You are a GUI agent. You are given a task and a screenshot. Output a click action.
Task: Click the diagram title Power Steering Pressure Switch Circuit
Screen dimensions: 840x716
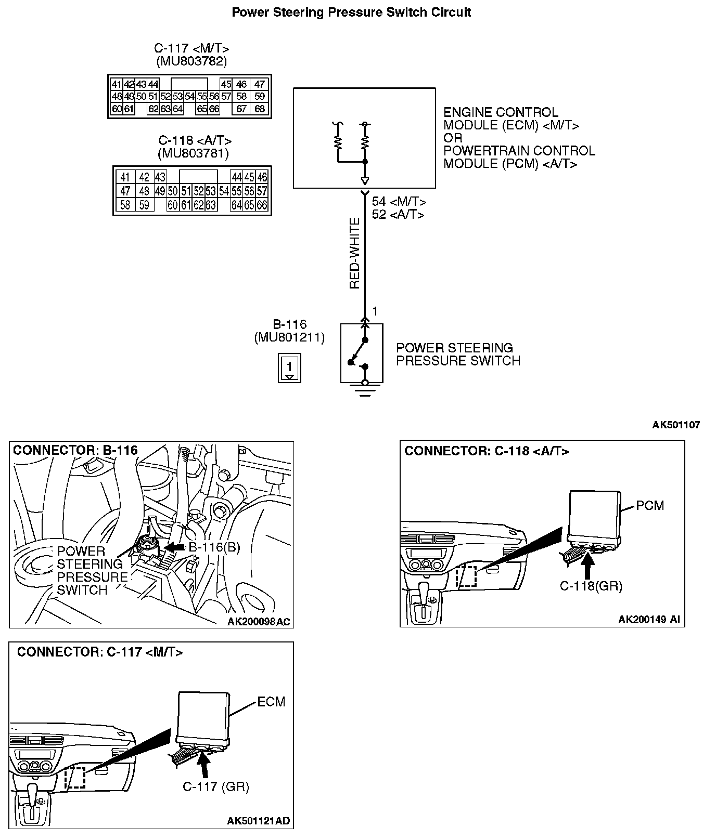click(351, 12)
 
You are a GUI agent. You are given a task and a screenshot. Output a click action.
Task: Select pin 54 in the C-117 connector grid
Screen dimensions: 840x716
click(189, 96)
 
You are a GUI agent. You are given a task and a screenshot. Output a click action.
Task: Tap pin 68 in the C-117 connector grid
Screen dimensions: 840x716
click(259, 109)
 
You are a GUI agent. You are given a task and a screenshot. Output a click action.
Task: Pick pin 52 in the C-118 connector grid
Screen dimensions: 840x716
click(198, 191)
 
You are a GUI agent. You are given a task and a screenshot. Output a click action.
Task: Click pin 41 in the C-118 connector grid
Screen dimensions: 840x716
click(125, 177)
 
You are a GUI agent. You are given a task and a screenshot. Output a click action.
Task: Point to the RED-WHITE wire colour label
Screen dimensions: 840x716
click(355, 253)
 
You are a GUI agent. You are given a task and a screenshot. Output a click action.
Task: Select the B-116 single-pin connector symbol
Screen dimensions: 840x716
click(289, 368)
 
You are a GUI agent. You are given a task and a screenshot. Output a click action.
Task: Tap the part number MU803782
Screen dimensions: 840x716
click(191, 61)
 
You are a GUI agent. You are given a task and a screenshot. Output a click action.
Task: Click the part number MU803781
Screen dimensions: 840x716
click(193, 153)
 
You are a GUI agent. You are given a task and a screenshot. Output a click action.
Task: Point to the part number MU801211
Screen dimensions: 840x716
click(289, 337)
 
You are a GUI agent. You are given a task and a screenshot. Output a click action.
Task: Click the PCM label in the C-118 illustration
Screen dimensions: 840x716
click(650, 505)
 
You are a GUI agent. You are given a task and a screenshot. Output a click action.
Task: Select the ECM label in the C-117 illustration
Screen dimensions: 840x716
click(271, 702)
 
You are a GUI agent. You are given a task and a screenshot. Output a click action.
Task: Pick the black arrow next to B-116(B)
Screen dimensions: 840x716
click(174, 547)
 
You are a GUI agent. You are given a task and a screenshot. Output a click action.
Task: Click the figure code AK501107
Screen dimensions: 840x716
click(676, 425)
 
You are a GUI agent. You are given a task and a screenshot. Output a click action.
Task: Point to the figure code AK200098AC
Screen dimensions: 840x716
click(259, 622)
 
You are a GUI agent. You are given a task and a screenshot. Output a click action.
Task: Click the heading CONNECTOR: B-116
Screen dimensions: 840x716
click(75, 450)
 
